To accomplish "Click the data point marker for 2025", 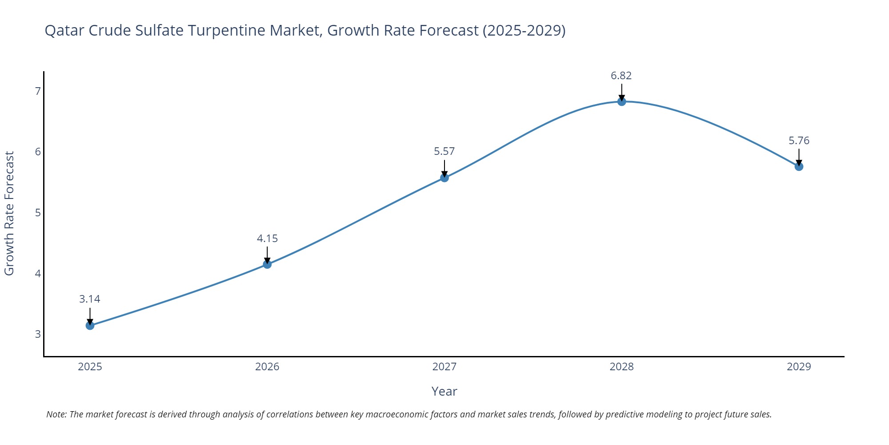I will (x=90, y=325).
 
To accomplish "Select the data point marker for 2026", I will (x=267, y=264).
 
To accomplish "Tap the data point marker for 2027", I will (x=444, y=178).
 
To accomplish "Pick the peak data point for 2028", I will (x=621, y=101).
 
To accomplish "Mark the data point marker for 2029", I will (x=799, y=166).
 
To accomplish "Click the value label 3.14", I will (x=90, y=299).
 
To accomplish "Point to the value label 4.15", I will (x=267, y=239).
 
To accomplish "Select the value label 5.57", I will (x=444, y=151).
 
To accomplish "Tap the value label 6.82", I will (x=621, y=76).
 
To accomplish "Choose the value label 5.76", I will (x=799, y=141).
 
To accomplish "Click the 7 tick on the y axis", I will (x=38, y=91).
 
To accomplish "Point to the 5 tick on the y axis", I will (x=38, y=213).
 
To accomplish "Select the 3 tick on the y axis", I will (x=38, y=334).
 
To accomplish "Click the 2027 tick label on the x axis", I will (x=444, y=367).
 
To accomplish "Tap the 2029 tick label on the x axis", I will (x=799, y=367).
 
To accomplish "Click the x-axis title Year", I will (x=444, y=391).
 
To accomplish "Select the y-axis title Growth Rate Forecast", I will (x=9, y=213).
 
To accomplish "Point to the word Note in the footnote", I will (x=56, y=414).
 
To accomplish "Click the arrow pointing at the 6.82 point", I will (x=621, y=93).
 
